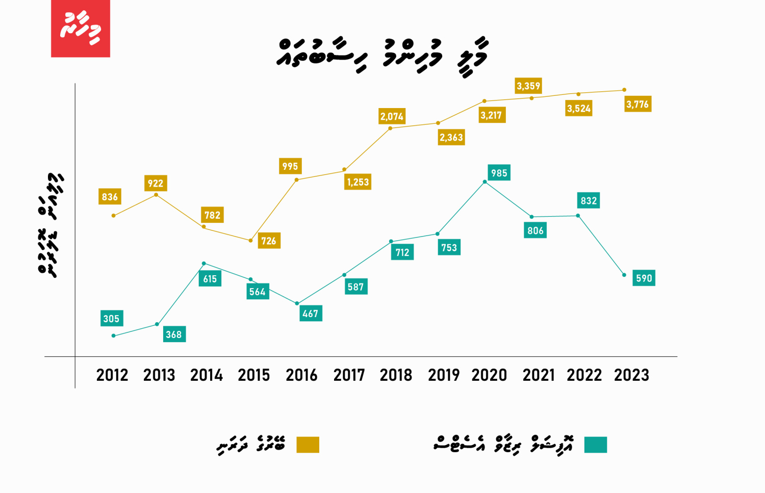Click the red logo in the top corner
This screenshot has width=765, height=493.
tap(81, 29)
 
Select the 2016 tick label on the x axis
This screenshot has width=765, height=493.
tap(301, 375)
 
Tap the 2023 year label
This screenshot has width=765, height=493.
tap(631, 375)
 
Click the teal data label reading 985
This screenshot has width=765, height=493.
tap(499, 173)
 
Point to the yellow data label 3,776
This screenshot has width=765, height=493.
tap(637, 105)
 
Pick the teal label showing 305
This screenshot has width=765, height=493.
tap(111, 319)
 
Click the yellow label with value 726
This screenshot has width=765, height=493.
tap(268, 241)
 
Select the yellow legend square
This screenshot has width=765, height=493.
tap(308, 445)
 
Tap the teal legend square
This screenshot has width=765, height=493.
tap(595, 445)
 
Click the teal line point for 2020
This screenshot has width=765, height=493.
tap(484, 181)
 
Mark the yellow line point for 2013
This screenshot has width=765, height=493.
tap(156, 195)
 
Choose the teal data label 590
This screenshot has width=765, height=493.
tap(644, 278)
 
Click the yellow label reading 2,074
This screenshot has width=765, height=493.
tap(392, 116)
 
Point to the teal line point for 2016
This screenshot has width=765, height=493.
tap(297, 303)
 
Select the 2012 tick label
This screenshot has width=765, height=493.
tap(112, 375)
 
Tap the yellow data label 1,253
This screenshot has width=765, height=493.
tap(358, 182)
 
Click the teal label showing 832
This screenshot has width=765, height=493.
tap(589, 200)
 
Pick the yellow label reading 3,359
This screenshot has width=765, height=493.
tap(528, 86)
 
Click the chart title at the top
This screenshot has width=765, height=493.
tap(382, 55)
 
